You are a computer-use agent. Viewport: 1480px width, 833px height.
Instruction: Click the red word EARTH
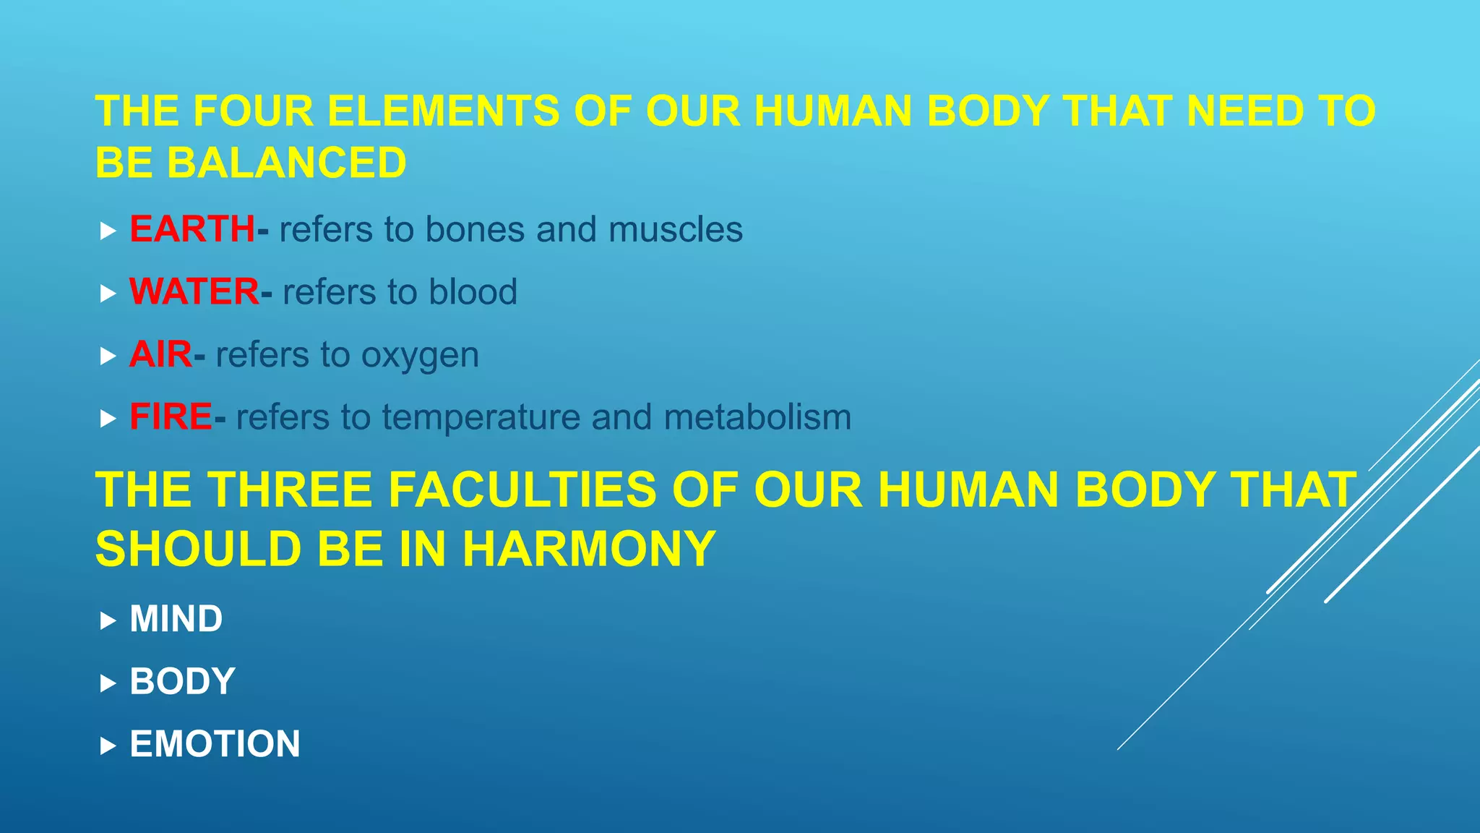click(192, 229)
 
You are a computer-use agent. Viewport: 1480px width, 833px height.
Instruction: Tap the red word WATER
click(194, 292)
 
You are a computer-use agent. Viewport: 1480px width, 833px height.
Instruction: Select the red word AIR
click(160, 354)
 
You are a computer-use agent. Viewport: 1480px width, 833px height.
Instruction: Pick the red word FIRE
click(171, 417)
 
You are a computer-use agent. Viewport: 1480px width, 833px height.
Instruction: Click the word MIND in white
click(176, 619)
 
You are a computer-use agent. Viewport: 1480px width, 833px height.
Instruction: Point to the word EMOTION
click(215, 744)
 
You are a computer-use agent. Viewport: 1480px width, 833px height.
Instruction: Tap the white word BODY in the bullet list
click(182, 681)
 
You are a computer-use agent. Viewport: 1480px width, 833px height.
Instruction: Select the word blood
click(473, 292)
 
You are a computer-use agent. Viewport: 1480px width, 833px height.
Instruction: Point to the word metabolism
click(757, 417)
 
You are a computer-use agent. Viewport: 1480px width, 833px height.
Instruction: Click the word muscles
click(675, 230)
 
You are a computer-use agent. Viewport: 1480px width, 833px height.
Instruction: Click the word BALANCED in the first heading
click(287, 163)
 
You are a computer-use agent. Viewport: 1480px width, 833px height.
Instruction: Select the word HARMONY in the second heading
click(589, 549)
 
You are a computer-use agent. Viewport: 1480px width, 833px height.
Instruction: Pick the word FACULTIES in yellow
click(522, 490)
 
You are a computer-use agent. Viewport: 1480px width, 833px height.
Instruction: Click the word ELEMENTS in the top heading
click(444, 111)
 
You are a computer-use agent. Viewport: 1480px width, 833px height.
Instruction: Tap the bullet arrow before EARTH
click(108, 231)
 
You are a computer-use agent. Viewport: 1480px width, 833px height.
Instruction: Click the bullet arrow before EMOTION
click(108, 746)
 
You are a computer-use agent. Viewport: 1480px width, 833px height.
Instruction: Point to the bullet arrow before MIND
click(108, 620)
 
